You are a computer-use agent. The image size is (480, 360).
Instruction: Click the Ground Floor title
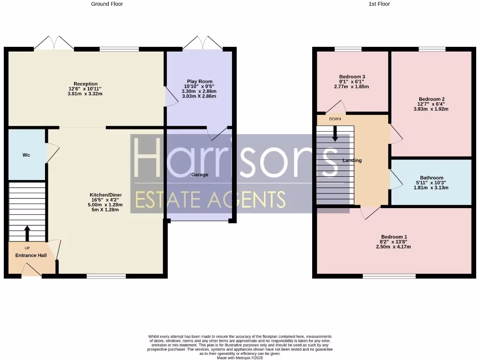(x=107, y=4)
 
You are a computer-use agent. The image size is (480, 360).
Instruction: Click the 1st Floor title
(x=379, y=4)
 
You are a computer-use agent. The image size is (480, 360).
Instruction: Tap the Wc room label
(x=26, y=155)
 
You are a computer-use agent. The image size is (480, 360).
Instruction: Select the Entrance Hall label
(x=31, y=255)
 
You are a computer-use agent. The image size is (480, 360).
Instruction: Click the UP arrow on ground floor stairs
(x=27, y=232)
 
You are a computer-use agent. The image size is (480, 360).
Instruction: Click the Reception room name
(x=85, y=84)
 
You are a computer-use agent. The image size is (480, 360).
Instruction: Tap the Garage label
(x=199, y=174)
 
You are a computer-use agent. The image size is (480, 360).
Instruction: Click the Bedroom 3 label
(x=352, y=77)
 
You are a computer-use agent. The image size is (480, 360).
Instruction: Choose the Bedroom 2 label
(x=431, y=99)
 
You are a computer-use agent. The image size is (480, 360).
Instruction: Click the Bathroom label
(x=431, y=178)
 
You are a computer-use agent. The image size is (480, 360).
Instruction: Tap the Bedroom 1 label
(x=394, y=237)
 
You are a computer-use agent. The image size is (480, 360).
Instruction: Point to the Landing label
(x=352, y=160)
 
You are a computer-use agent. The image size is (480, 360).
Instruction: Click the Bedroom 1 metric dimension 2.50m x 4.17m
(x=393, y=247)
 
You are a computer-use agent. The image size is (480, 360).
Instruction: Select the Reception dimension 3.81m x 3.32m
(x=85, y=94)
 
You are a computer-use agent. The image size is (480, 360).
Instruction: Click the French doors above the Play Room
(x=202, y=43)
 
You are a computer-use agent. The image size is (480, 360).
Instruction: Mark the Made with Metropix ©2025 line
(x=240, y=358)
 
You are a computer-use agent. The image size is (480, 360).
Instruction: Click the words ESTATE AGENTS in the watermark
(x=210, y=200)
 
